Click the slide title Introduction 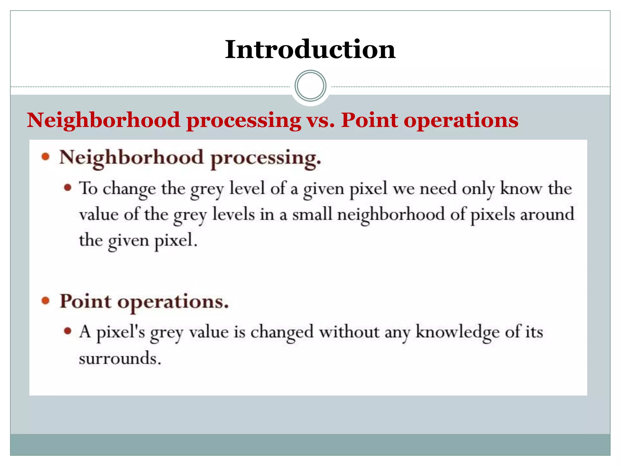310,49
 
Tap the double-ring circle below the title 310,86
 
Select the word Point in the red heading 369,120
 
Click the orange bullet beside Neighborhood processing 45,157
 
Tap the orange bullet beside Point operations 45,301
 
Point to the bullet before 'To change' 68,187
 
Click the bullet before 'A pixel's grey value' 68,331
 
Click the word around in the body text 547,214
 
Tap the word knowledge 457,332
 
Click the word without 349,332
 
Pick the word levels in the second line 233,214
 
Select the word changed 282,332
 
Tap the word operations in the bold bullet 173,302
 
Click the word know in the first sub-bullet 521,188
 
